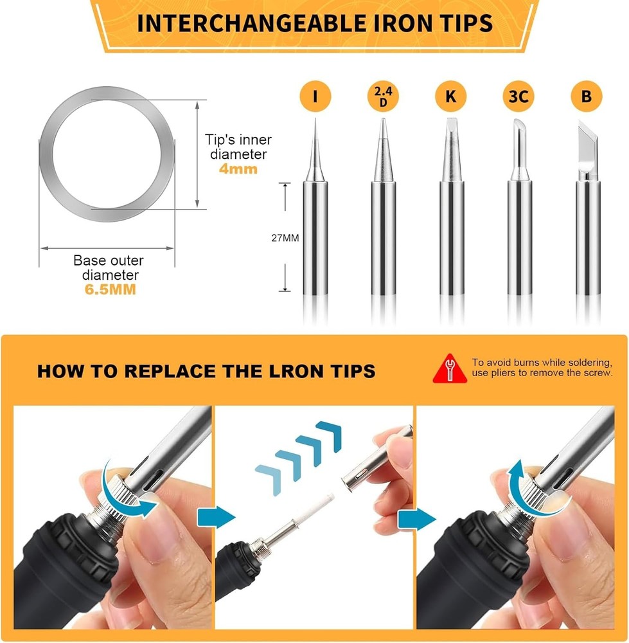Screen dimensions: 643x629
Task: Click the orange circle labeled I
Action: point(315,97)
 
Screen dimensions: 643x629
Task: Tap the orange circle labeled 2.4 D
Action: point(383,97)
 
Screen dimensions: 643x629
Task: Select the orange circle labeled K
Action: point(450,97)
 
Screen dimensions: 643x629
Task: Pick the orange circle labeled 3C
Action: point(518,97)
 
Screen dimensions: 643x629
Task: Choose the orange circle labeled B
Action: point(586,97)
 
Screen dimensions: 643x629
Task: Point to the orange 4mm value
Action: point(238,169)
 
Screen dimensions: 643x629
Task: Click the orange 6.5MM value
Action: point(111,289)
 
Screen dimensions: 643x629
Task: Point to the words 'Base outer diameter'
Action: point(108,267)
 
